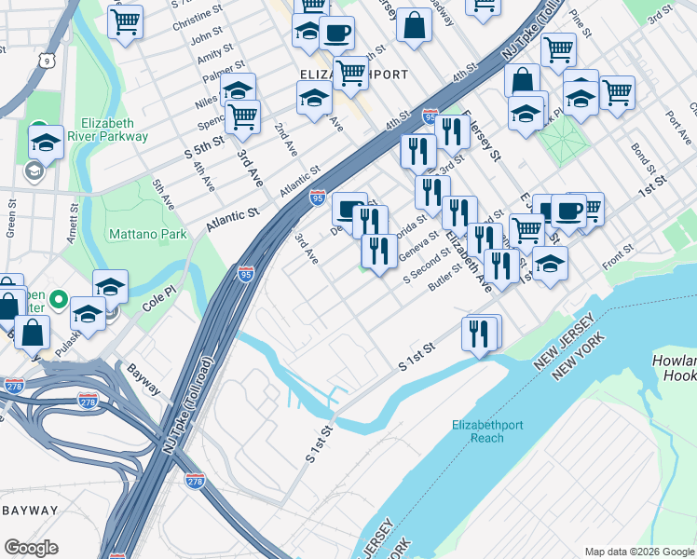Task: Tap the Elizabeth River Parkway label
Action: (x=115, y=130)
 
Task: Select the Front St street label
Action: (x=617, y=249)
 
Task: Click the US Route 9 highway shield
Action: (x=46, y=61)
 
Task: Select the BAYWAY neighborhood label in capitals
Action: (x=30, y=511)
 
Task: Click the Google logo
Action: (x=31, y=548)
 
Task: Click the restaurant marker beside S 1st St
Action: (x=479, y=333)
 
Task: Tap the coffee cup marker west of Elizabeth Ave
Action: (x=350, y=210)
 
